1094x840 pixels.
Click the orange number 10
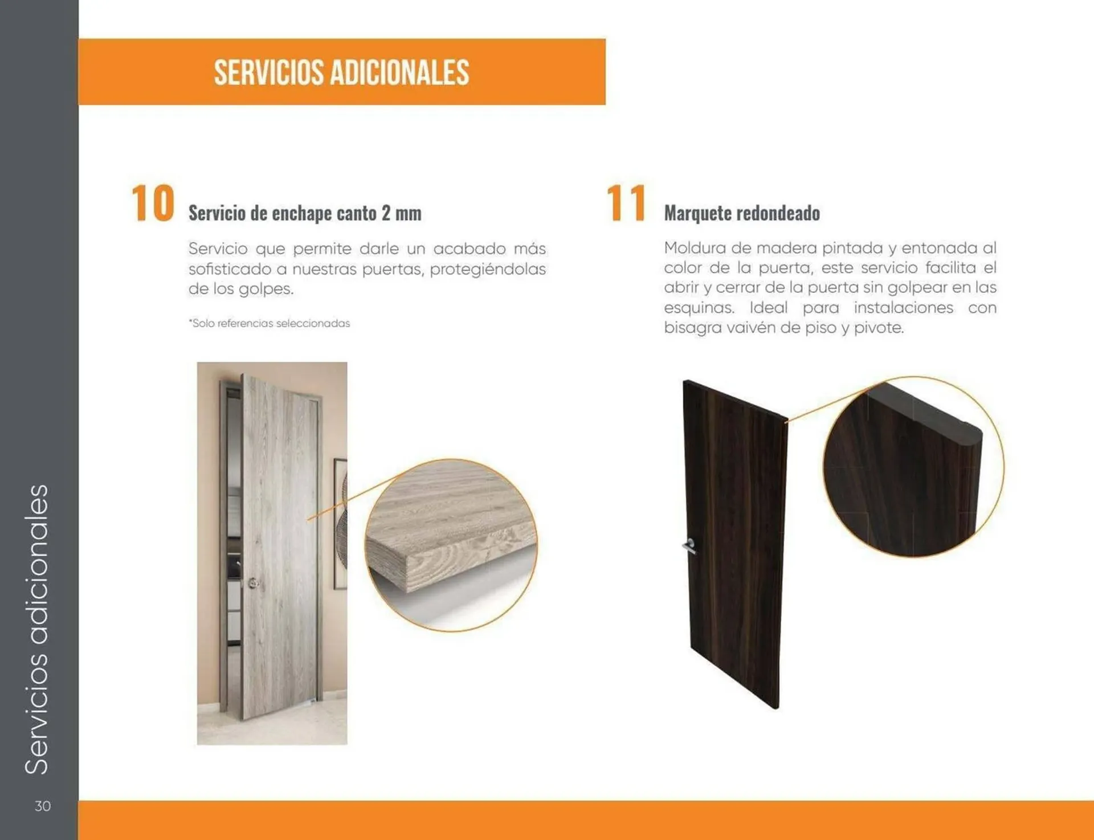click(x=153, y=203)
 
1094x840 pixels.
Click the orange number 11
click(x=626, y=203)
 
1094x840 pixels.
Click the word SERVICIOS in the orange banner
click(x=268, y=72)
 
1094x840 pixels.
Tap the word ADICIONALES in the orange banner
click(x=399, y=72)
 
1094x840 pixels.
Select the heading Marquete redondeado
click(x=742, y=213)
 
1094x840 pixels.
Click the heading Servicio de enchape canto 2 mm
click(x=305, y=213)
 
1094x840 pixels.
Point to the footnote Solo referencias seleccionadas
click(x=270, y=323)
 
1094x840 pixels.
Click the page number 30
click(x=43, y=806)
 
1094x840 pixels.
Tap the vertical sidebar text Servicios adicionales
click(x=38, y=629)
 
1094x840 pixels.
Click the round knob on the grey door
click(x=254, y=582)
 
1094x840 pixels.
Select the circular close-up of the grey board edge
click(x=451, y=545)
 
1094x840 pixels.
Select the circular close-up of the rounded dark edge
click(x=913, y=467)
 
